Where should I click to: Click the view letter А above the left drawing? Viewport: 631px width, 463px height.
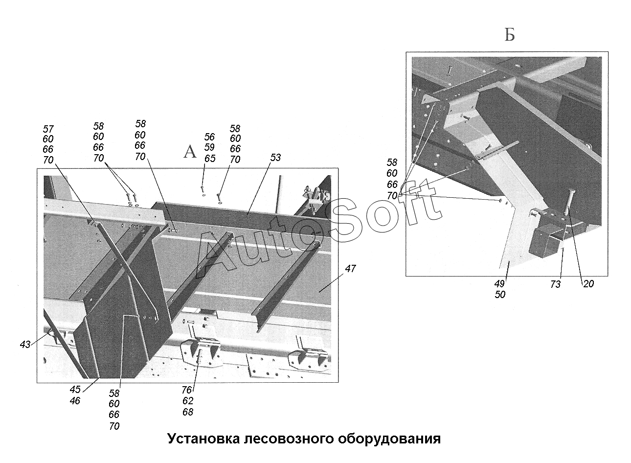coord(190,152)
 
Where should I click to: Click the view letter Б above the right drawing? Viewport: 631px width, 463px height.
coord(509,35)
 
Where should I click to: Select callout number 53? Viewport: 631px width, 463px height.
coord(275,158)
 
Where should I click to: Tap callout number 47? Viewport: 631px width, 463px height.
coord(350,268)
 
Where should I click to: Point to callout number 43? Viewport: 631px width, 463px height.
coord(25,345)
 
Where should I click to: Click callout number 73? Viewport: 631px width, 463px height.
coord(555,284)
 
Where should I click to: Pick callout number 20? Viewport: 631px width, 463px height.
coord(588,283)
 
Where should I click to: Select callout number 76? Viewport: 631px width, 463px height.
coord(187,390)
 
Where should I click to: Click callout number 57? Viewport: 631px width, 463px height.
coord(48,129)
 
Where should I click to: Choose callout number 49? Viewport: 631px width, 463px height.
coord(500,284)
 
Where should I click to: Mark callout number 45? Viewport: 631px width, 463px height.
coord(75,390)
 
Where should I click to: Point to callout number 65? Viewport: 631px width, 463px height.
coord(210,158)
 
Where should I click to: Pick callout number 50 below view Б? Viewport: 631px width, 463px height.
coord(500,295)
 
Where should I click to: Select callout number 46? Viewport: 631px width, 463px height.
coord(75,401)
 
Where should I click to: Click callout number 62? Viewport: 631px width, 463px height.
coord(187,401)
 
